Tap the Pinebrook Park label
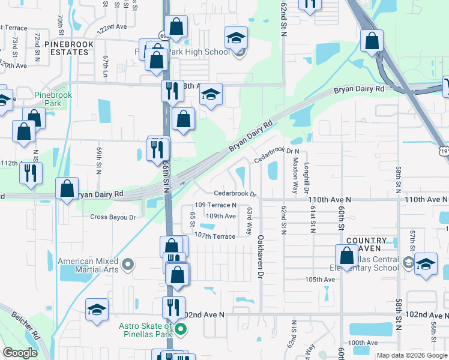(48, 99)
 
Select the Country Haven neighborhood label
(366, 244)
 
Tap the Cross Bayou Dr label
(113, 217)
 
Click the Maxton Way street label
(295, 175)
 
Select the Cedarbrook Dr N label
(276, 154)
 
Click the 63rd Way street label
(249, 221)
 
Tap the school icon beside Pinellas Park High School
(237, 38)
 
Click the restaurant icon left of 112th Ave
(30, 172)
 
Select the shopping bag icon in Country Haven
(347, 255)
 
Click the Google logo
(20, 353)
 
